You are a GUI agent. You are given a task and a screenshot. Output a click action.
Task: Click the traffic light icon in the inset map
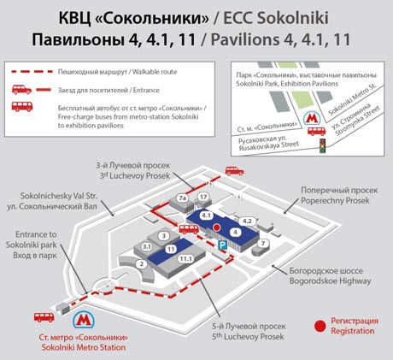point(323,145)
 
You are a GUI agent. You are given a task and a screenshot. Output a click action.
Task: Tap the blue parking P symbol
point(222,245)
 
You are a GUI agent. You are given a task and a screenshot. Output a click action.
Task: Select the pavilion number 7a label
point(182,198)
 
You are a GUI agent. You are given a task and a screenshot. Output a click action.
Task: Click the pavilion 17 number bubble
point(203,197)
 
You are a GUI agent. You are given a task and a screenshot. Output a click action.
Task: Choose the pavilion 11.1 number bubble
point(185,259)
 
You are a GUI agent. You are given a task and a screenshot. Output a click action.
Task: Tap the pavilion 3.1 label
point(147,246)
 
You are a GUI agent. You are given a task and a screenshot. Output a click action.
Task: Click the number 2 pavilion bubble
point(142,264)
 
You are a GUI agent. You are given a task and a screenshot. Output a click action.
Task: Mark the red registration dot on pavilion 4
point(217,227)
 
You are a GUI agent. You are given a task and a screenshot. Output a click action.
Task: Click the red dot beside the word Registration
point(320,326)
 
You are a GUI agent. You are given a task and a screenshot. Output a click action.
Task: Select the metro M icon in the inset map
point(311,118)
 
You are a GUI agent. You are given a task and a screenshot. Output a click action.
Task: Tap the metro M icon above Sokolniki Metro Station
point(84,321)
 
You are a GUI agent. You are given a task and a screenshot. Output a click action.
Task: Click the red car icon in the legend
point(21,90)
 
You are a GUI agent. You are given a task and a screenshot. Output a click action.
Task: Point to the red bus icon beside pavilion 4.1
point(189,229)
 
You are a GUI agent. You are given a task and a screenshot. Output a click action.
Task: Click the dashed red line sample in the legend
point(32,72)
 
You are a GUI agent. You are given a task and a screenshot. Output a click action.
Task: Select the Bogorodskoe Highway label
point(331,275)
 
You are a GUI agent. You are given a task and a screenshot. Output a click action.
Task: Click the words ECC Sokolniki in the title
point(276,18)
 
